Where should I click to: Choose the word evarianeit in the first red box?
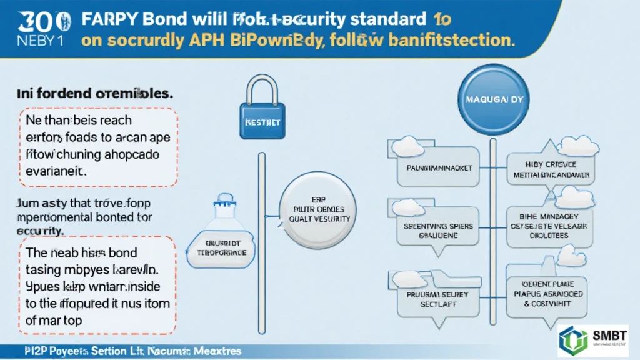(x=57, y=169)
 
